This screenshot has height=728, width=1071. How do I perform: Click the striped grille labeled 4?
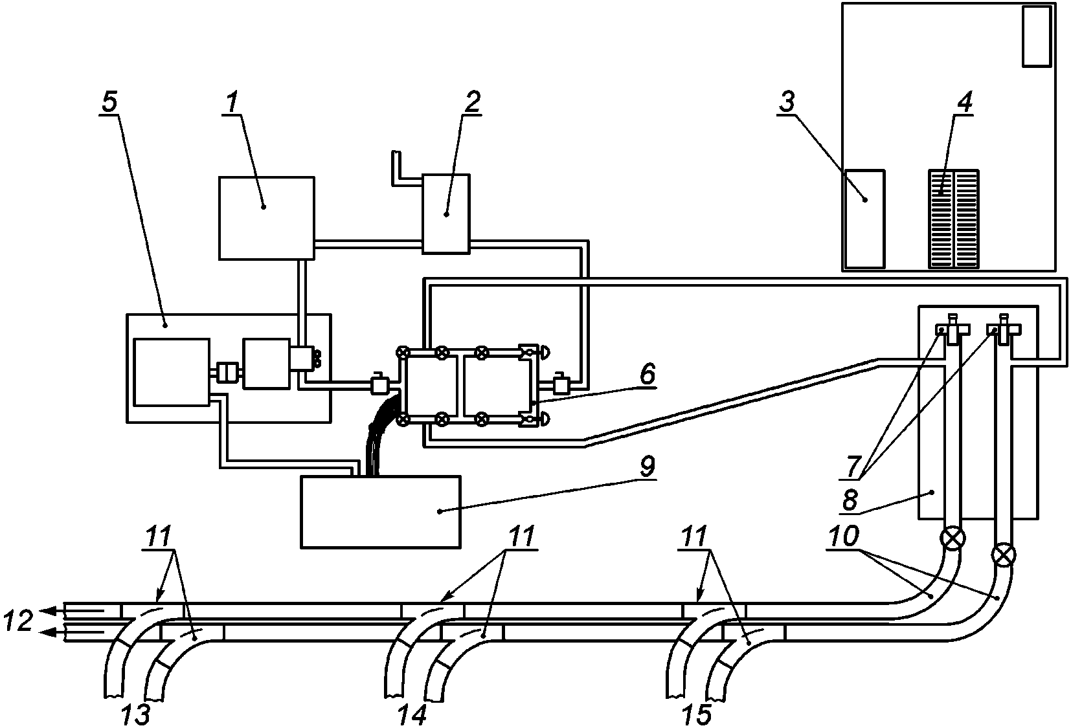[953, 219]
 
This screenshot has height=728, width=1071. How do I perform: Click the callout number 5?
[109, 102]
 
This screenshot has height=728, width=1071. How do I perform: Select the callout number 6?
[648, 375]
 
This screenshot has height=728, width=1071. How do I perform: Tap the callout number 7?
[853, 466]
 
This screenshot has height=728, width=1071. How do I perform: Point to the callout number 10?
[844, 536]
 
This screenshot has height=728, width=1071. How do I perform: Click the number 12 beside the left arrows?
[17, 621]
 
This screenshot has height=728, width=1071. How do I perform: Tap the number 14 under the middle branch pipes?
[411, 715]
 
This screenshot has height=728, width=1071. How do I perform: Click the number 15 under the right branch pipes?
[697, 715]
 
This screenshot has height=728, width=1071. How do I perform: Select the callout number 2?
[472, 102]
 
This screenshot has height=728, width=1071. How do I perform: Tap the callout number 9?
[647, 466]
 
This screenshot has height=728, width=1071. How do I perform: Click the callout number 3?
[787, 102]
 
